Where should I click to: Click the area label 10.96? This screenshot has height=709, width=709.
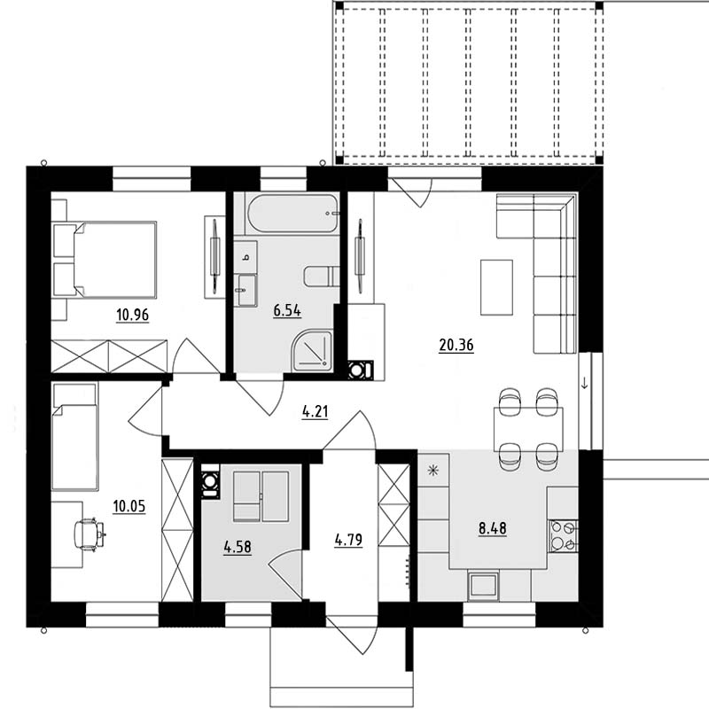point(132,315)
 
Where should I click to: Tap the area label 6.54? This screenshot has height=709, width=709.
point(287,311)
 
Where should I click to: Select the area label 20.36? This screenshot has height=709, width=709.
point(456,345)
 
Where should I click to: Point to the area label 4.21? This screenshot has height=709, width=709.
point(316,412)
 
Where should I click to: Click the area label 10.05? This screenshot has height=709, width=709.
point(129,506)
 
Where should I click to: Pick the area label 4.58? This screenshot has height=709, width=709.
point(238,547)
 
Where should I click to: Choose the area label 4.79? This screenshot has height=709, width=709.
point(348,540)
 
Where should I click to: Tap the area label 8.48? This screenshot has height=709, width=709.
point(493,528)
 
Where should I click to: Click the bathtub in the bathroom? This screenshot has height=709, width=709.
point(292,214)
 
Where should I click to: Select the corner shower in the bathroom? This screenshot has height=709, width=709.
point(312,351)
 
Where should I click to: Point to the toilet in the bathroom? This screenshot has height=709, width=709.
point(322,277)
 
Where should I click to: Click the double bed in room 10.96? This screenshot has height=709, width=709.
point(105,260)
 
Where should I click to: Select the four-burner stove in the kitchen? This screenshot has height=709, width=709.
point(564,536)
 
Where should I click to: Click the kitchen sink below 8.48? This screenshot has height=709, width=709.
point(483,586)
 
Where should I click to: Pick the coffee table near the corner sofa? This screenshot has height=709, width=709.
point(496,287)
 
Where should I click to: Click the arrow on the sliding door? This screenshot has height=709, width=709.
point(584,384)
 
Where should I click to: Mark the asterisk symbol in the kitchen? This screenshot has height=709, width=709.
point(433,471)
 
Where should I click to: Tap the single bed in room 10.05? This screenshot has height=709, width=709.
point(75,437)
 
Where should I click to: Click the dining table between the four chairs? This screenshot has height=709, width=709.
point(528,429)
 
